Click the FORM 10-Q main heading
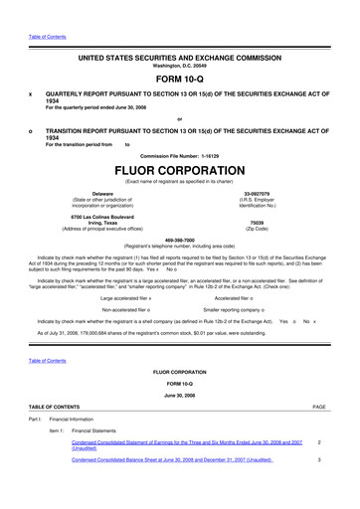click(180, 75)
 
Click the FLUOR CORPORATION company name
click(180, 170)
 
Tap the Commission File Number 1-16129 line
click(180, 155)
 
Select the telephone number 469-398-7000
click(180, 239)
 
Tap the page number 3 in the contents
click(318, 488)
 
